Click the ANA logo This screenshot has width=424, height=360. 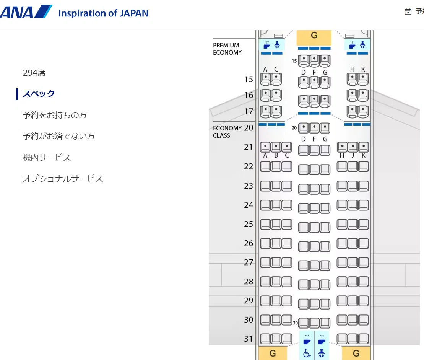(26, 11)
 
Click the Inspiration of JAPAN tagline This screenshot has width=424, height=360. (103, 13)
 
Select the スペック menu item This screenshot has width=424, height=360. (39, 94)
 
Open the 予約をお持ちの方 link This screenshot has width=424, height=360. (55, 115)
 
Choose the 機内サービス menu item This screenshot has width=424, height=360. (47, 158)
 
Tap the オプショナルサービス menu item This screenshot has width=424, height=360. (63, 179)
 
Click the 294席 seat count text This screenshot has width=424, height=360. (34, 73)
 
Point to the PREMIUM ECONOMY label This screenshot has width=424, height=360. (227, 49)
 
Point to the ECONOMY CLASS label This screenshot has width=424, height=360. (227, 132)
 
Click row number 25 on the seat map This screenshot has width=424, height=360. (249, 224)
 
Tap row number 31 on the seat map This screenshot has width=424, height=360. (249, 339)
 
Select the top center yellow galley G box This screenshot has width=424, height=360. (314, 37)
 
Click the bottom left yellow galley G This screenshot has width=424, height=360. (273, 353)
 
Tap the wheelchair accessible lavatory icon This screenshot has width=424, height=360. (307, 353)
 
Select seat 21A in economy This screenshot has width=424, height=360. (265, 147)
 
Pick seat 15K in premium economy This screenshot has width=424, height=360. (363, 79)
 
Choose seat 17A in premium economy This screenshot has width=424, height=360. (266, 111)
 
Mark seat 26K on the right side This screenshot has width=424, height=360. (364, 243)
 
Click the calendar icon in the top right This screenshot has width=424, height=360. (408, 11)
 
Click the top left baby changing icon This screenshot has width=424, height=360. (277, 45)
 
